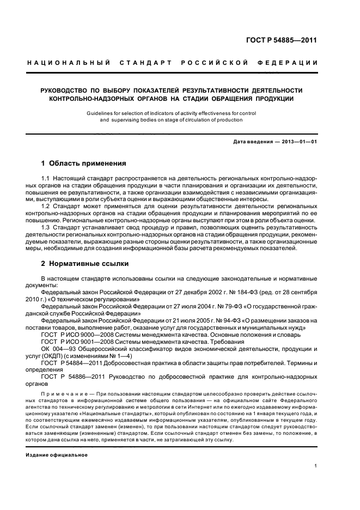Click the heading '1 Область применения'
[84, 163]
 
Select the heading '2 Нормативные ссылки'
[85, 264]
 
